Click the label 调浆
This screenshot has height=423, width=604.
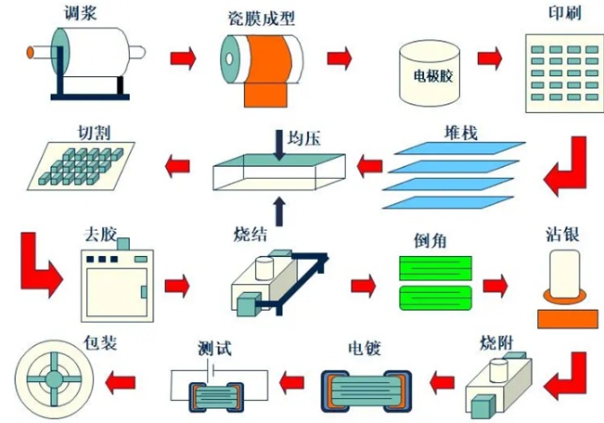pos(85,13)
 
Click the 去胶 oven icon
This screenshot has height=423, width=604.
pos(116,284)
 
